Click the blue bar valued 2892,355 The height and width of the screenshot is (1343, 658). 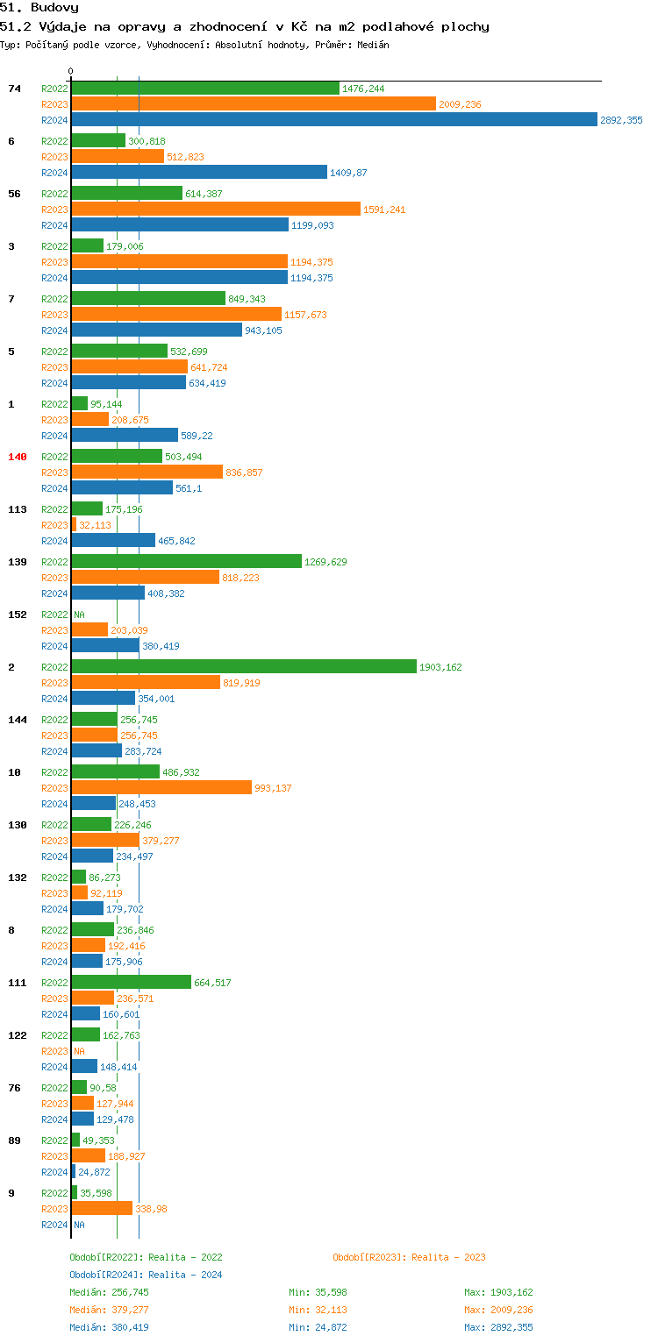coord(333,120)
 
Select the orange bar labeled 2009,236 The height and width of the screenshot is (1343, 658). coord(254,104)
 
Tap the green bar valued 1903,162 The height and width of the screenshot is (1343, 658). coord(244,667)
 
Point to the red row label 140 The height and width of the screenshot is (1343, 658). coord(18,457)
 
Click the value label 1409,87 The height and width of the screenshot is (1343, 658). coord(348,173)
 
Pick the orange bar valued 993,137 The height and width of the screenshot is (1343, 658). coord(161,788)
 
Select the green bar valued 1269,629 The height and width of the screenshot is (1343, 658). coord(186,562)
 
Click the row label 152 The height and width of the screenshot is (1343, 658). coord(18,615)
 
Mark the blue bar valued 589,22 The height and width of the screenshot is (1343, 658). coord(125,436)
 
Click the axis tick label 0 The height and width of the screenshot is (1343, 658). coord(71,71)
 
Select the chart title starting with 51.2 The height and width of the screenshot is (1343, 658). coord(245,26)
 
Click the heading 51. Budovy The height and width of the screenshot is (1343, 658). coord(39,7)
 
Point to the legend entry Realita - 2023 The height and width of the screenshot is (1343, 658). coord(409,1257)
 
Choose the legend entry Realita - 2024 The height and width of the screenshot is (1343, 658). coord(146,1275)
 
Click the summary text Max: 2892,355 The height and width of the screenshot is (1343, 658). coord(498,1327)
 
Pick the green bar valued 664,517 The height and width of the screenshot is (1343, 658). coord(131,983)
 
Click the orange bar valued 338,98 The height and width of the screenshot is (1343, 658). coord(102,1209)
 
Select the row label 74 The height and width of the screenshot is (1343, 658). coord(14,89)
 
